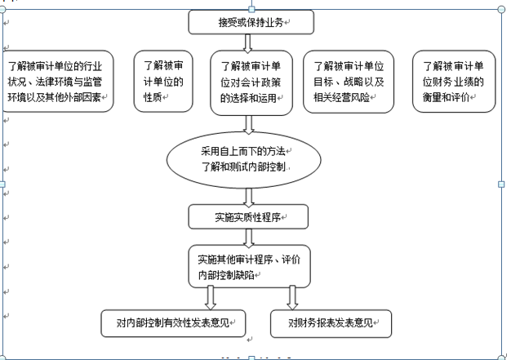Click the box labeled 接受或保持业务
[251, 22]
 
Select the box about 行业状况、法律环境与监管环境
[58, 82]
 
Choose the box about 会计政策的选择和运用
[251, 82]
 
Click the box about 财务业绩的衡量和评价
[455, 82]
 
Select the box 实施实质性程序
[248, 217]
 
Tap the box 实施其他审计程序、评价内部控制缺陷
[249, 267]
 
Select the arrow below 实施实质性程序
[248, 237]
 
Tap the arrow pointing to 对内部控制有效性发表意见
[211, 297]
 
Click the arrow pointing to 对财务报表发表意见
[292, 297]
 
